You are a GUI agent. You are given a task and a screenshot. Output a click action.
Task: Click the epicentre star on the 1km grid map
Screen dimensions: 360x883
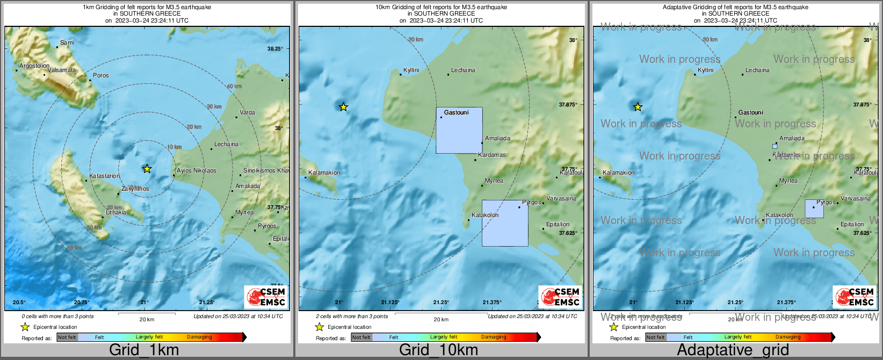point(147,169)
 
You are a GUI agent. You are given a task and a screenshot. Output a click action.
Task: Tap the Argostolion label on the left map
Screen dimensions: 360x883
point(34,66)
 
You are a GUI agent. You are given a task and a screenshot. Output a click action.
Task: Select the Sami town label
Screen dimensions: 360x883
point(67,42)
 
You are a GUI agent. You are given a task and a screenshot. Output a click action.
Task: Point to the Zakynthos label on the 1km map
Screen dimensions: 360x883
point(135,189)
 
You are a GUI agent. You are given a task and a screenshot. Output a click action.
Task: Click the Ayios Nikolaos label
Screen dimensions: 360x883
point(197,170)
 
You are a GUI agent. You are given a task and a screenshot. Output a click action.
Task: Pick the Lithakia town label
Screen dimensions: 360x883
point(116,212)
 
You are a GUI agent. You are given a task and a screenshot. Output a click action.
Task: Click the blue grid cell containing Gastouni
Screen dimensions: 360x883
point(459,131)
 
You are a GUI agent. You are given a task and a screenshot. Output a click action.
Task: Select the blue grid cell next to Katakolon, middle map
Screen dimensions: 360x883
point(505,223)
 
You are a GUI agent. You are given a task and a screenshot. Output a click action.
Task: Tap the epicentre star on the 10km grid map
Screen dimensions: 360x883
point(344,107)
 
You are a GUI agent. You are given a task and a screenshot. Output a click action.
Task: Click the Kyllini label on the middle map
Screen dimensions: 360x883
point(411,70)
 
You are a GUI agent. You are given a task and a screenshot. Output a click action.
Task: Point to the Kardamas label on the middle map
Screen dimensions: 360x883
point(492,155)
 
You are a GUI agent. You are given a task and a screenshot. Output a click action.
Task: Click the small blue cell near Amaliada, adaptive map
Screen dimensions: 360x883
point(775,146)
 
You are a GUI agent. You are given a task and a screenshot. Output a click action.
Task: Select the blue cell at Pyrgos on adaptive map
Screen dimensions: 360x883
point(814,208)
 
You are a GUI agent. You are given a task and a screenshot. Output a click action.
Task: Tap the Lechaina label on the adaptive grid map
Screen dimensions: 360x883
point(757,70)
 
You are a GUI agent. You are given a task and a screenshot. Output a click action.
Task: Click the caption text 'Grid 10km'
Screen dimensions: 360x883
point(438,350)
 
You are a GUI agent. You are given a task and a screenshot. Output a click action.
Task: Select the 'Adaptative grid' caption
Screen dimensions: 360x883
point(733,350)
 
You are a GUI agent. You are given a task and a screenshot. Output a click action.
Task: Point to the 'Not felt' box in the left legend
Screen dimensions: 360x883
point(67,337)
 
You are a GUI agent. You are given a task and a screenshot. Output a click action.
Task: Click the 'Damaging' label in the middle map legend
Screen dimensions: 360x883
point(494,337)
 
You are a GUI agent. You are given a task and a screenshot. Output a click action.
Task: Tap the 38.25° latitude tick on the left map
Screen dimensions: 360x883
point(275,48)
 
